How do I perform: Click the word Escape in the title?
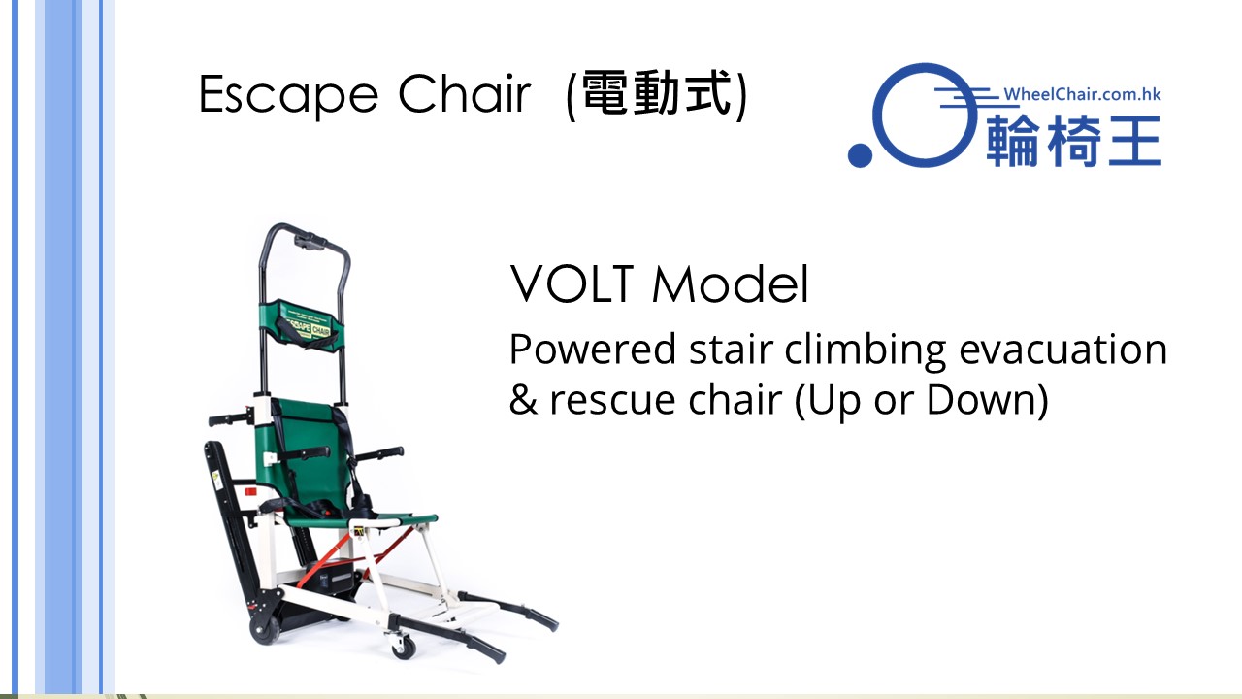tap(288, 95)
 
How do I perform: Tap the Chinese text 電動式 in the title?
tap(657, 94)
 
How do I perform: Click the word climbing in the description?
tap(865, 350)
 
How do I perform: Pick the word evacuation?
tap(1062, 349)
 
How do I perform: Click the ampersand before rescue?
tap(523, 398)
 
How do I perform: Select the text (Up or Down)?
tap(922, 399)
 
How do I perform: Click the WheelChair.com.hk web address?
tap(1082, 94)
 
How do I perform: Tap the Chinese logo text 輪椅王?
tap(1073, 141)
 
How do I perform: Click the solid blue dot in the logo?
tap(860, 154)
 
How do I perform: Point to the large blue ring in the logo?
tap(879, 115)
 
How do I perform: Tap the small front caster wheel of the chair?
tap(403, 647)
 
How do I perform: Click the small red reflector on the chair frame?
tap(250, 492)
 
